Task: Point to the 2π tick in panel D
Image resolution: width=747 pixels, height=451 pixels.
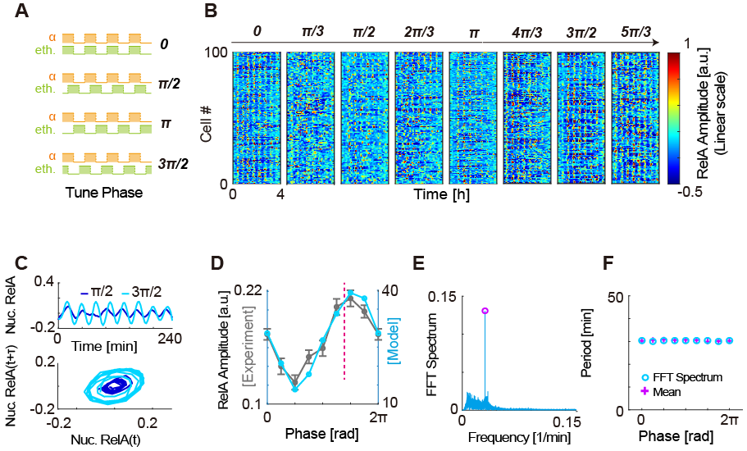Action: point(378,417)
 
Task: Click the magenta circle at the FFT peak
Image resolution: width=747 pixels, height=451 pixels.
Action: point(485,312)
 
